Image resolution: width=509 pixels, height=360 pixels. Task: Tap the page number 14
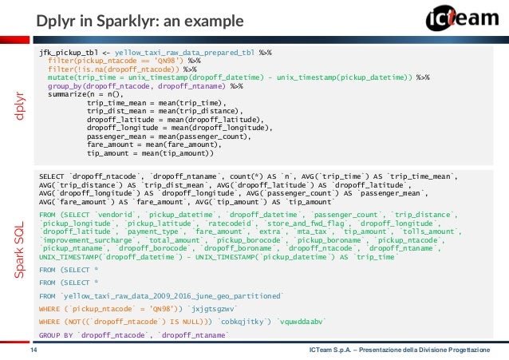34,350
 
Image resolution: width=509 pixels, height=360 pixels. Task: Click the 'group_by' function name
65,86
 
